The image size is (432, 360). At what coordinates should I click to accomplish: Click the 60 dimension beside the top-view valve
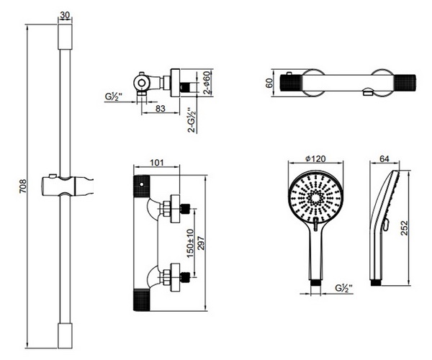tap(269, 83)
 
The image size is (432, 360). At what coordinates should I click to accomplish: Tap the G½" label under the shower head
tap(343, 289)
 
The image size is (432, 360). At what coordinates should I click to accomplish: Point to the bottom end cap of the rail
tap(66, 334)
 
